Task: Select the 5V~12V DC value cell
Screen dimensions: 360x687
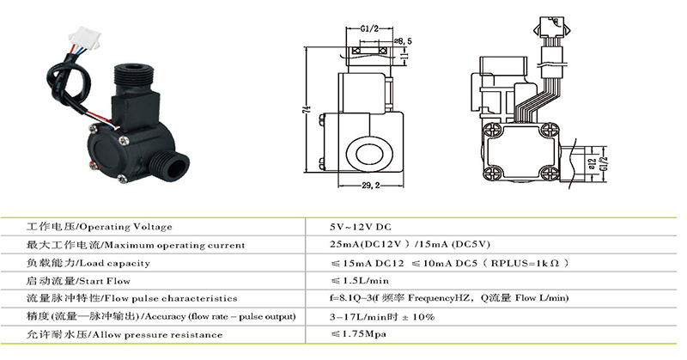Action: point(361,227)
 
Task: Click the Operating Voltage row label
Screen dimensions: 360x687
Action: point(100,227)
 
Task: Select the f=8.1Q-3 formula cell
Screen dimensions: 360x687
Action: point(448,298)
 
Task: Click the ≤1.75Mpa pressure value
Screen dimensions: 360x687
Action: point(356,334)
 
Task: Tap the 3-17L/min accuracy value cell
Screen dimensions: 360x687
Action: point(382,317)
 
